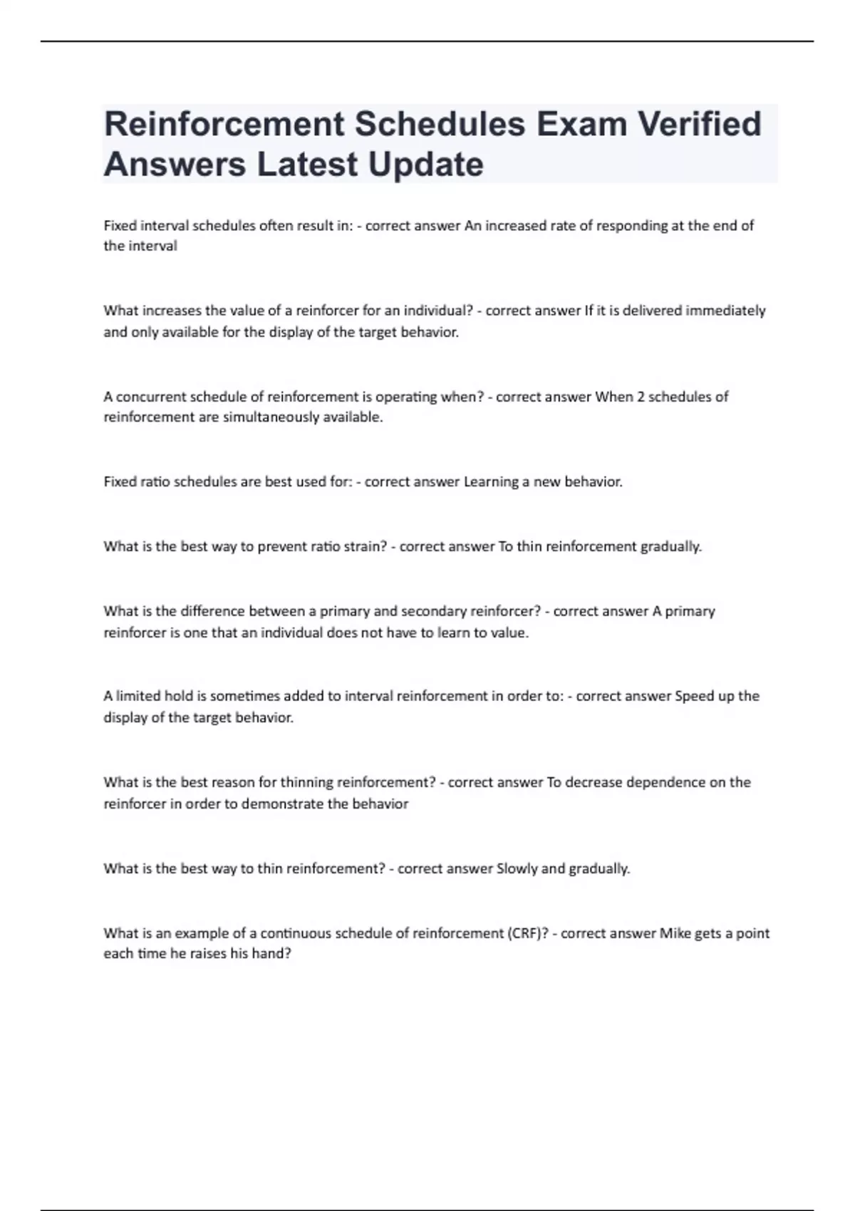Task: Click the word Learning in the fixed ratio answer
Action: (x=491, y=482)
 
